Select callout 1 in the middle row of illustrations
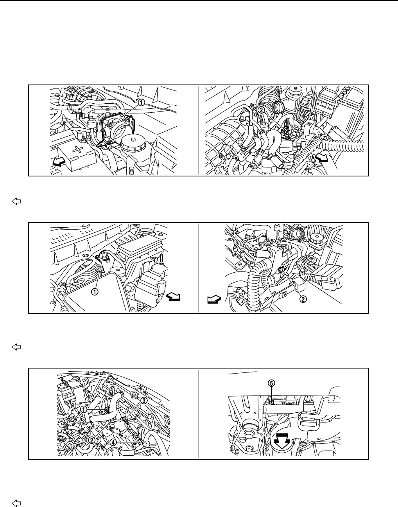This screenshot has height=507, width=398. [94, 291]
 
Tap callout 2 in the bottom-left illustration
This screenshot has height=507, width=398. [91, 439]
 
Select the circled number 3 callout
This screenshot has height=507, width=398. [143, 401]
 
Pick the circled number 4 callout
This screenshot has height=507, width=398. [113, 442]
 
